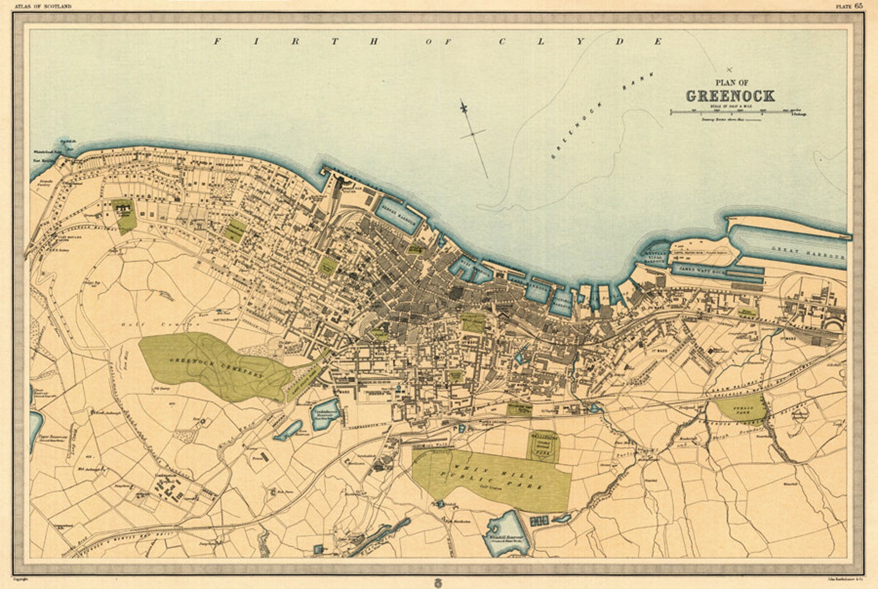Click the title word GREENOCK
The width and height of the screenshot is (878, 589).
pyautogui.click(x=730, y=96)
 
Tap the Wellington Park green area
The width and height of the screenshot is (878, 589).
pyautogui.click(x=545, y=446)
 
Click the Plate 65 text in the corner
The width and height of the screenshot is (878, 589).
pyautogui.click(x=849, y=6)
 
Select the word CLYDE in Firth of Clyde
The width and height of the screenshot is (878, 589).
pyautogui.click(x=581, y=42)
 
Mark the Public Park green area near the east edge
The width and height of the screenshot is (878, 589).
pyautogui.click(x=743, y=409)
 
